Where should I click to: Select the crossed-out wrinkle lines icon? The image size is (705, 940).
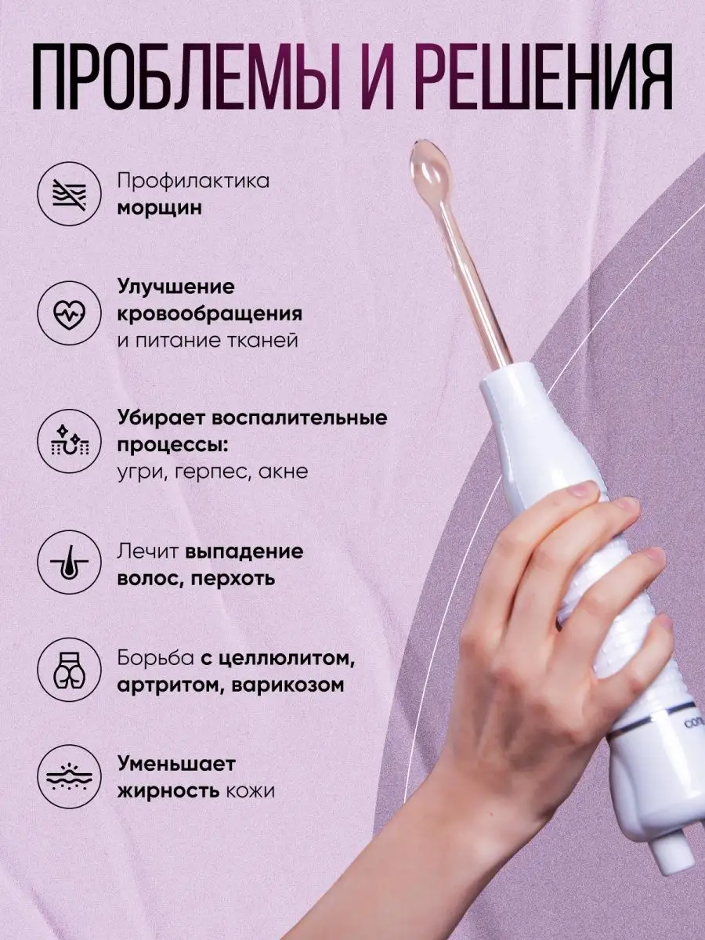[x=70, y=193]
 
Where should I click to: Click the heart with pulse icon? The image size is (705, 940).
[x=70, y=314]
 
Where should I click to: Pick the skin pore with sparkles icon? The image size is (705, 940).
[x=70, y=441]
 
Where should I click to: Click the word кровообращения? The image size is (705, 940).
[x=210, y=315]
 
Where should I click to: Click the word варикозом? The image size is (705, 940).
[x=283, y=686]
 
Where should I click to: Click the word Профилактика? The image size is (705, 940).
[x=193, y=182]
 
